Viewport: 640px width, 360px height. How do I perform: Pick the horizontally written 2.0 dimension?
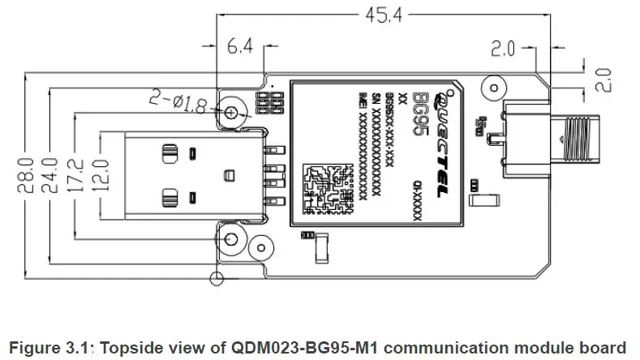pos(503,49)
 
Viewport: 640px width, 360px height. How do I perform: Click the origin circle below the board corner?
pos(216,280)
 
